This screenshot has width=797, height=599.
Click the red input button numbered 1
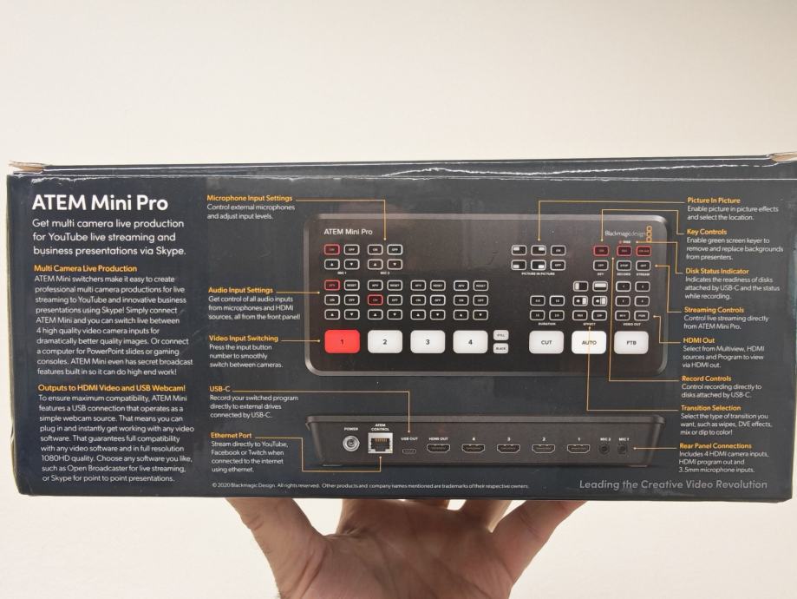(x=342, y=341)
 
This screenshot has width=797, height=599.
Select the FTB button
(x=630, y=341)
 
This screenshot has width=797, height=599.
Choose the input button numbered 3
(x=428, y=340)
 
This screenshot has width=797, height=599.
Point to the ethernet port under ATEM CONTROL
(x=380, y=445)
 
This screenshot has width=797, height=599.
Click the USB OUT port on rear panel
(x=408, y=449)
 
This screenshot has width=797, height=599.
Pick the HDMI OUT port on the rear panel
(x=438, y=449)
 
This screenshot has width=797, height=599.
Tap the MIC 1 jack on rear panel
(x=622, y=449)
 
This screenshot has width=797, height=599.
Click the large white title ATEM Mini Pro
(x=100, y=205)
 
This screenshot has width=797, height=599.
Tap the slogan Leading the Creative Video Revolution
(x=673, y=484)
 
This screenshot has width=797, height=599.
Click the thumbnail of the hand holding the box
(x=399, y=547)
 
